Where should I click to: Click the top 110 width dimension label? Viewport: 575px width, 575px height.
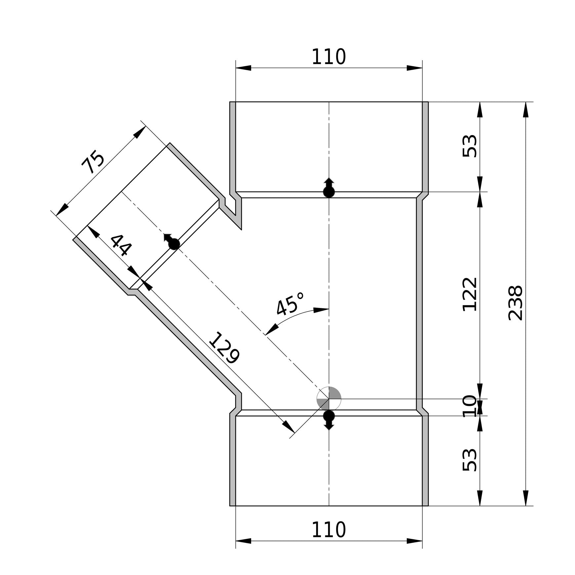pyautogui.click(x=328, y=57)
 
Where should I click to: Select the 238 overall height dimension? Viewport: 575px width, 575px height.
pyautogui.click(x=515, y=303)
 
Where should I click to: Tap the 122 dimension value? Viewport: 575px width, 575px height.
pyautogui.click(x=470, y=294)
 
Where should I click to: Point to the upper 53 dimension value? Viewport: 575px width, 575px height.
pyautogui.click(x=470, y=146)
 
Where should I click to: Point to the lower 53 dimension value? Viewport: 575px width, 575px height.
pyautogui.click(x=470, y=460)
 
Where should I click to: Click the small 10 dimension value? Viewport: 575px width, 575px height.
pyautogui.click(x=470, y=406)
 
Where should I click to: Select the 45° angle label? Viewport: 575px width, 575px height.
pyautogui.click(x=290, y=304)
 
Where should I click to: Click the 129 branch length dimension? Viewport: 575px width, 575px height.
pyautogui.click(x=224, y=348)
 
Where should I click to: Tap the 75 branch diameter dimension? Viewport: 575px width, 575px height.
pyautogui.click(x=94, y=162)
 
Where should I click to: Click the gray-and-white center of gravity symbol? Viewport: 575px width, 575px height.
pyautogui.click(x=329, y=399)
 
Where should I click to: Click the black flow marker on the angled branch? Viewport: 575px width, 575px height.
pyautogui.click(x=172, y=242)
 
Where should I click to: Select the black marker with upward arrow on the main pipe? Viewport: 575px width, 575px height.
pyautogui.click(x=329, y=188)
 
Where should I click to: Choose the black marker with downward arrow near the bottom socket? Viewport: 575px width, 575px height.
pyautogui.click(x=329, y=420)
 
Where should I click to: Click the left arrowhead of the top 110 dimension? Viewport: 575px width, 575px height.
pyautogui.click(x=243, y=68)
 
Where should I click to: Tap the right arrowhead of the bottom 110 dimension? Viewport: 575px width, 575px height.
pyautogui.click(x=414, y=541)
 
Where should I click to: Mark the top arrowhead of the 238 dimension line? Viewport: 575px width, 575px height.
pyautogui.click(x=526, y=110)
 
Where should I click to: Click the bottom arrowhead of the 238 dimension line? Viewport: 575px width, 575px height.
pyautogui.click(x=526, y=498)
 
